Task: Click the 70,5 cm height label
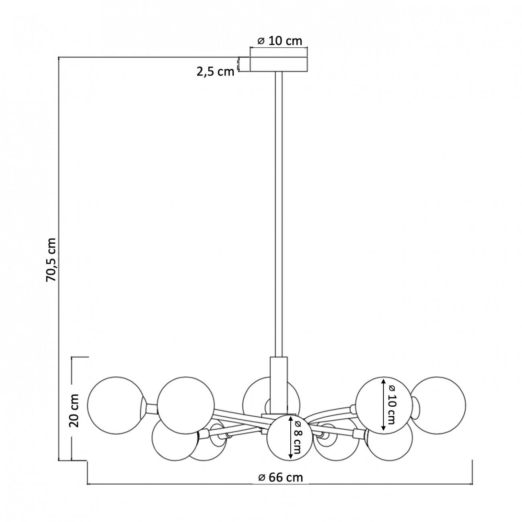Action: (x=52, y=259)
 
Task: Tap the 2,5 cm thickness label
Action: (x=215, y=72)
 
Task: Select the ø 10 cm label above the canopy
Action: (x=279, y=41)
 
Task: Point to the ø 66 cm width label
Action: (x=280, y=477)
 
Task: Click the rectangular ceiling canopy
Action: (x=279, y=64)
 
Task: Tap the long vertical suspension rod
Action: (x=279, y=213)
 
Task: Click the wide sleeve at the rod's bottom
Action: (x=279, y=383)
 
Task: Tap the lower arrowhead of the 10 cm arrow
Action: (x=383, y=429)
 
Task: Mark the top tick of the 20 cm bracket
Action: (x=80, y=357)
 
